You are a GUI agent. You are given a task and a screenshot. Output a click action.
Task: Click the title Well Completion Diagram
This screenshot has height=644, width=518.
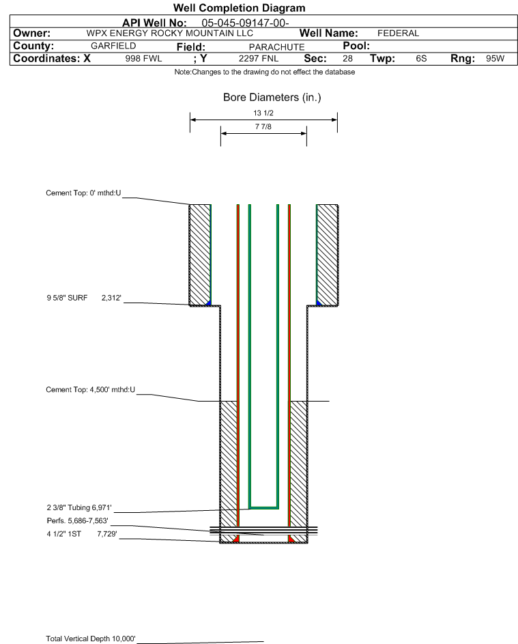coord(240,8)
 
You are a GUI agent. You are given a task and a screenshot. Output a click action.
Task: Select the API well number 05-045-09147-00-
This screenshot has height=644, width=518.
coord(245,23)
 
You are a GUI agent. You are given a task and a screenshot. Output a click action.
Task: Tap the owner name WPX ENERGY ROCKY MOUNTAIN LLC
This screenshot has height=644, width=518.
coord(169,33)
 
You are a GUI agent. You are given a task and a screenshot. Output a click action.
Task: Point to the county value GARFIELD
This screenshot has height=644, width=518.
coord(113,46)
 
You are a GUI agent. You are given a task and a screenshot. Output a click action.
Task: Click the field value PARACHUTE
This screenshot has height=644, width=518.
coord(276,47)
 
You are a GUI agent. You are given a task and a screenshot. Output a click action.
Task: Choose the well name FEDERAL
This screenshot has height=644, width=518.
coord(398,33)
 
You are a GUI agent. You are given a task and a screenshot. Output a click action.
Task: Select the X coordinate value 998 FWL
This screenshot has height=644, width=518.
coord(143,58)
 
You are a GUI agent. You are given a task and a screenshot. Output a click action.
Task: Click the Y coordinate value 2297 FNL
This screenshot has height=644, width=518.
coord(259,58)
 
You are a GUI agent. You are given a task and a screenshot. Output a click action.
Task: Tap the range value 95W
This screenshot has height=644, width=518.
coord(495,58)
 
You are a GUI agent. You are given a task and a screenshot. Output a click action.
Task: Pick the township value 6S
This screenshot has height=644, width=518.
coord(421,58)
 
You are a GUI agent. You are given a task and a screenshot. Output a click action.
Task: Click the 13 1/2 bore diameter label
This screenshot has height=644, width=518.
coord(263,113)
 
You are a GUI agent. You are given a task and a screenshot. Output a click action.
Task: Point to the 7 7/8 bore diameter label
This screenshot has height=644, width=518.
coord(263,126)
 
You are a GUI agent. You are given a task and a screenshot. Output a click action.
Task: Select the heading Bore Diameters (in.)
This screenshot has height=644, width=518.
coord(272,98)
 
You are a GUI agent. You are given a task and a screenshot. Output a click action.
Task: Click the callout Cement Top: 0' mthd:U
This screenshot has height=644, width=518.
coord(83,193)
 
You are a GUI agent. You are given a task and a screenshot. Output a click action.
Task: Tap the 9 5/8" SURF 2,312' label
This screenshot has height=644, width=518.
coord(84,298)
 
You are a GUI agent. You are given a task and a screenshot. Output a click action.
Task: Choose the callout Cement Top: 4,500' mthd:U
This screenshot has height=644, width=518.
coord(90,389)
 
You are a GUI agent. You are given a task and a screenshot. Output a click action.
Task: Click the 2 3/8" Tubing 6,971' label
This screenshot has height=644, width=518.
coord(78,507)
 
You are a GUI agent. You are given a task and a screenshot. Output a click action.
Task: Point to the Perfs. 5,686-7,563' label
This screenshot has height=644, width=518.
coord(77,521)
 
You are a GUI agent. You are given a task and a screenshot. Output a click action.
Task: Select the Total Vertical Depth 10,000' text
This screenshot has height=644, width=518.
coord(90,639)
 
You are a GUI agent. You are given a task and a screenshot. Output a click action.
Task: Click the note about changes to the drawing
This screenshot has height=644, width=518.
coord(264,72)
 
